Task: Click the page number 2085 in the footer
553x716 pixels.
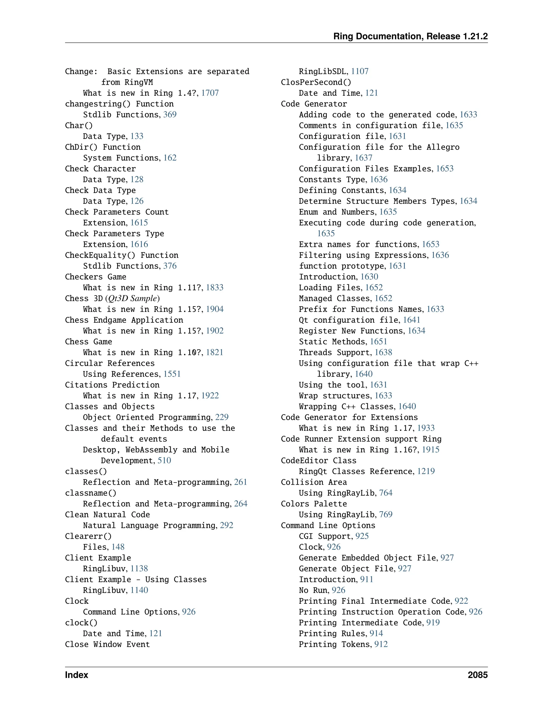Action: click(477, 675)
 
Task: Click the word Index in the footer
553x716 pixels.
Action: click(76, 675)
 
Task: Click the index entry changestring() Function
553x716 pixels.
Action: click(119, 104)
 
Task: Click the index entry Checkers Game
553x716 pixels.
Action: click(95, 277)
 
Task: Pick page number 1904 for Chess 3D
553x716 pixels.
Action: click(215, 309)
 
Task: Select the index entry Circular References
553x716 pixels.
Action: click(109, 363)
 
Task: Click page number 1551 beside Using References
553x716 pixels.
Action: click(172, 374)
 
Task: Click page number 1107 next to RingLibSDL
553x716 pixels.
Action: click(360, 72)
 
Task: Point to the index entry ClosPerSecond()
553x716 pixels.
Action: click(316, 82)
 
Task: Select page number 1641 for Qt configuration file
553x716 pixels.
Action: click(412, 320)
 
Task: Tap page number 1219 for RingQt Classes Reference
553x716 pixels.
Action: click(426, 471)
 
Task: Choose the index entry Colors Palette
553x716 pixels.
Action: click(313, 504)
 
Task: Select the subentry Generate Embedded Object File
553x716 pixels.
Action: click(368, 558)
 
